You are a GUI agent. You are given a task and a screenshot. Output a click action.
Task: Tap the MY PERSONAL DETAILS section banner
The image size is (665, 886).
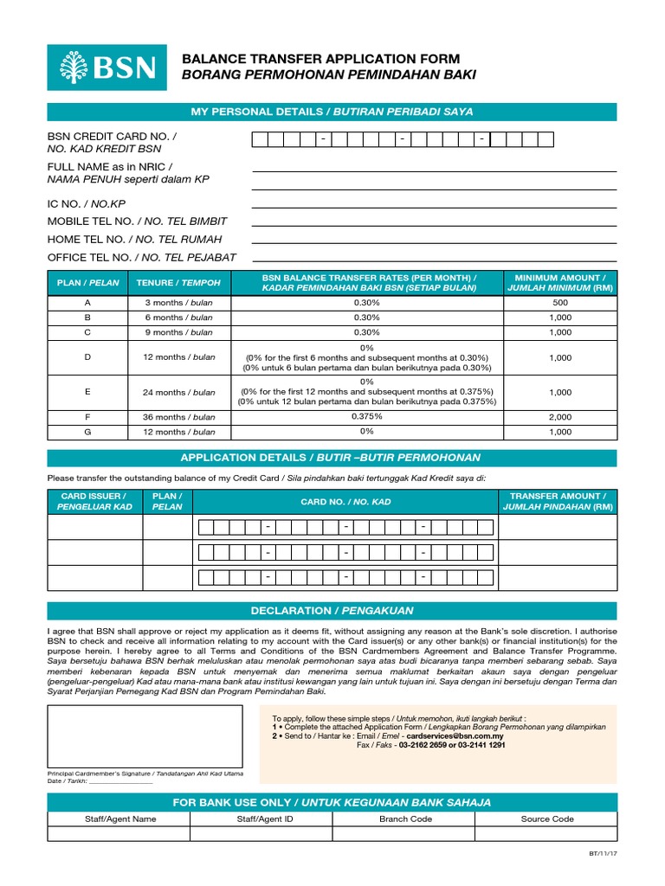click(332, 112)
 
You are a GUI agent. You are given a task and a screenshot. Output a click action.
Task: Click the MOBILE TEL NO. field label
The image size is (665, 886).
click(137, 221)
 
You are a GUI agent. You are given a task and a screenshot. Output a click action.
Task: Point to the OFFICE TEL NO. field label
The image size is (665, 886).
click(141, 257)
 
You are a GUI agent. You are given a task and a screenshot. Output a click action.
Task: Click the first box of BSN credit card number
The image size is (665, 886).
click(260, 139)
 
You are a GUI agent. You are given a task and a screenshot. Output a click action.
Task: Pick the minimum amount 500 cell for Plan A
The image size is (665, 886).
click(559, 303)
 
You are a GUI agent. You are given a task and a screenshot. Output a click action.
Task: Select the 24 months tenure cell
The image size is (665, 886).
click(178, 392)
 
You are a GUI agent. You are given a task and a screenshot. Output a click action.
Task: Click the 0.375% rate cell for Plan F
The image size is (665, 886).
click(367, 416)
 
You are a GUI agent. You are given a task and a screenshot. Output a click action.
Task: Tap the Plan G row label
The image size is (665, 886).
click(87, 432)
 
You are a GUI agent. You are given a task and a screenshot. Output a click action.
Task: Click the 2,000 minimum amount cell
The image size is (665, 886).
click(559, 416)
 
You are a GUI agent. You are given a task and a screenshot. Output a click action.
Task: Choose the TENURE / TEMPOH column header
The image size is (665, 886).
click(178, 282)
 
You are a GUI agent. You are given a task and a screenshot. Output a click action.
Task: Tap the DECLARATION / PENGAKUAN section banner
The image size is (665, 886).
click(332, 610)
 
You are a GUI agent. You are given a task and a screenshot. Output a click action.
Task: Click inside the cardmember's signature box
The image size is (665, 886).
click(145, 735)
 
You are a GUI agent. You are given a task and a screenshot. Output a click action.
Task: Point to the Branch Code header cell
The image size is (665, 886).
click(405, 818)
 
